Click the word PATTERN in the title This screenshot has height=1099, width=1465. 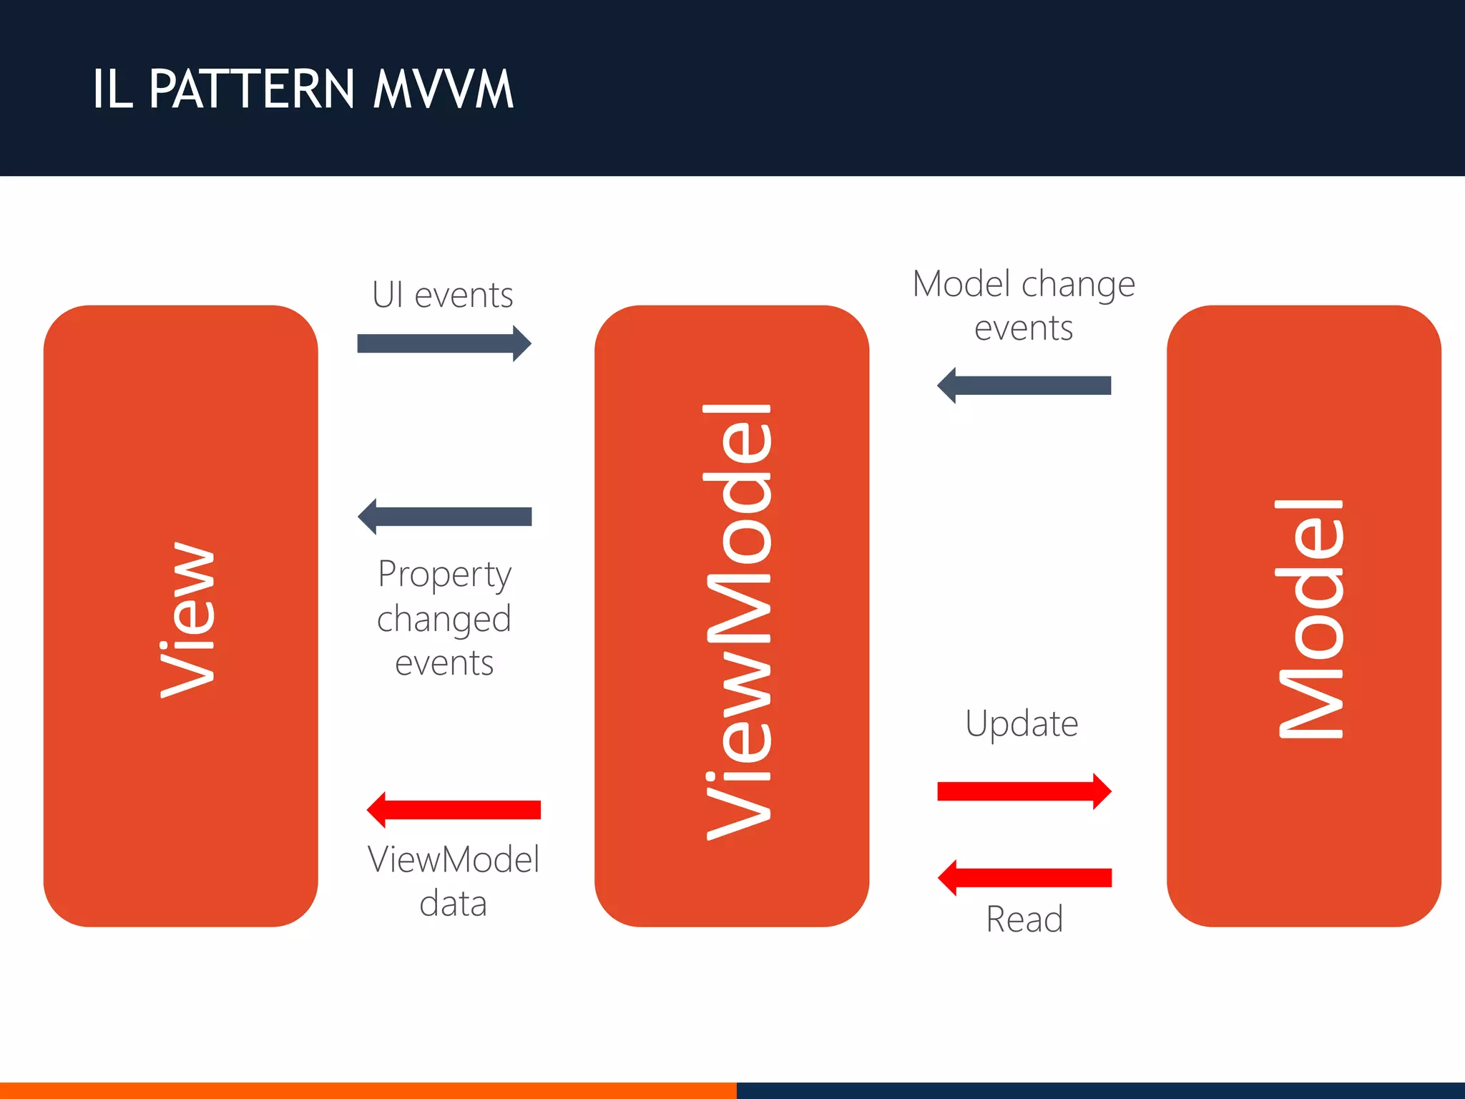click(252, 89)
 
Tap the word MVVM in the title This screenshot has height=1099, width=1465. click(444, 89)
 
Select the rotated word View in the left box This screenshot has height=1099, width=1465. click(187, 619)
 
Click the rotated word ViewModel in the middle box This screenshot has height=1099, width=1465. click(738, 621)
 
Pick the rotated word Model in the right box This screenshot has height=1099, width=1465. click(1310, 619)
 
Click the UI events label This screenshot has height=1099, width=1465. click(443, 295)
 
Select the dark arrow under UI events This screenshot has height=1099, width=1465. click(444, 344)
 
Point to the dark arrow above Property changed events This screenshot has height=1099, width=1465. click(444, 517)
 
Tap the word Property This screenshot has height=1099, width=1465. click(444, 575)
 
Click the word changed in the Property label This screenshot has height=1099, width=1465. click(444, 619)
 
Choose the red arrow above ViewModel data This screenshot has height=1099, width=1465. click(454, 810)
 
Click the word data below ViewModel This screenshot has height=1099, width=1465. click(453, 904)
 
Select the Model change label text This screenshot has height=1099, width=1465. click(1024, 285)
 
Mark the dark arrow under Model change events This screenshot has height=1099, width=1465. click(1024, 386)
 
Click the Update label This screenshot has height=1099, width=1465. click(1021, 724)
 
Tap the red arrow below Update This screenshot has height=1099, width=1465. click(1024, 791)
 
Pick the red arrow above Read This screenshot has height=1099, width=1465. click(1024, 878)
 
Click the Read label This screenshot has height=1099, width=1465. click(1024, 919)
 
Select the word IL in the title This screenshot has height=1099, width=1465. click(113, 89)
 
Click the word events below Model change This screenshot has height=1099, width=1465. click(1024, 328)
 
